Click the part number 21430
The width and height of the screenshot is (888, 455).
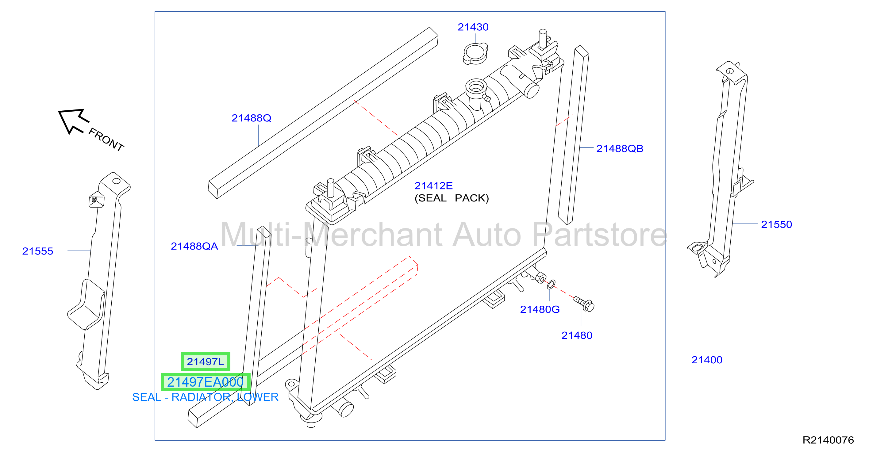click(x=473, y=27)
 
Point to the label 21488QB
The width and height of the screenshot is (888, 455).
click(x=620, y=149)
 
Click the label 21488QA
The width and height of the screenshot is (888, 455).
click(x=194, y=246)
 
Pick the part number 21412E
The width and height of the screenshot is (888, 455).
click(x=433, y=186)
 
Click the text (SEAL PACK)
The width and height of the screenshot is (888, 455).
click(x=452, y=198)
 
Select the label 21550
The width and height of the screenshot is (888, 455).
click(x=776, y=224)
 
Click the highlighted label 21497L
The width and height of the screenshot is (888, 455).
click(x=206, y=361)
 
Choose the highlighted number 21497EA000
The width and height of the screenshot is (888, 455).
click(x=206, y=382)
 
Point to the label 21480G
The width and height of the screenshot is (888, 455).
click(x=540, y=310)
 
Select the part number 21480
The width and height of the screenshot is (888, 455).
click(x=577, y=335)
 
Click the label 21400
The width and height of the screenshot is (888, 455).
click(x=707, y=360)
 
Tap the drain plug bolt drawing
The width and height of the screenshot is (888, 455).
click(x=584, y=304)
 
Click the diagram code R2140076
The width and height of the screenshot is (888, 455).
click(x=828, y=440)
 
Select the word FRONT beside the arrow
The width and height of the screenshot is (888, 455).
click(x=106, y=140)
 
